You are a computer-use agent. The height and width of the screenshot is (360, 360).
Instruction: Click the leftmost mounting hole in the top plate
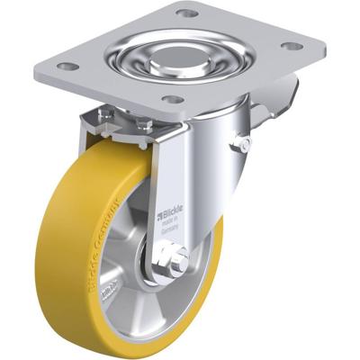[64, 66]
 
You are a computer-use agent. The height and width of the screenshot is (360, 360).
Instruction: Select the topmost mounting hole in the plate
[185, 13]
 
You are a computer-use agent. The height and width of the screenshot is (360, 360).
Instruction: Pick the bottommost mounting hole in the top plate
[174, 99]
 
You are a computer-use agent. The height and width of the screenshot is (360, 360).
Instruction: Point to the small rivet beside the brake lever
[241, 142]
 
